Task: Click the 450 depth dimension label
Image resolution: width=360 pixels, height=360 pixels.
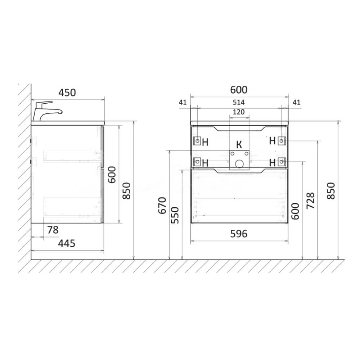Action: pyautogui.click(x=67, y=93)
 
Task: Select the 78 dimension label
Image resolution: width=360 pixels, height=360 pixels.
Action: pyautogui.click(x=53, y=230)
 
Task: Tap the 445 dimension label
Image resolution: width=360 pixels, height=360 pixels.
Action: pyautogui.click(x=67, y=243)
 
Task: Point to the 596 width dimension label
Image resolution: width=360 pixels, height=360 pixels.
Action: pyautogui.click(x=239, y=234)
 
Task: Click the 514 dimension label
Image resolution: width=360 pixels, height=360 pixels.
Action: pyautogui.click(x=239, y=102)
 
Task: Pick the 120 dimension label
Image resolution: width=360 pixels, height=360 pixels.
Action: pyautogui.click(x=239, y=112)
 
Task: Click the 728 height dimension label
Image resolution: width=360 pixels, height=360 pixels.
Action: pyautogui.click(x=310, y=201)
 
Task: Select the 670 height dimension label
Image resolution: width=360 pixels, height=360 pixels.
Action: pyautogui.click(x=162, y=205)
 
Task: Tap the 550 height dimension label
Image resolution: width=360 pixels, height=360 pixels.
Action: pyautogui.click(x=175, y=215)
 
